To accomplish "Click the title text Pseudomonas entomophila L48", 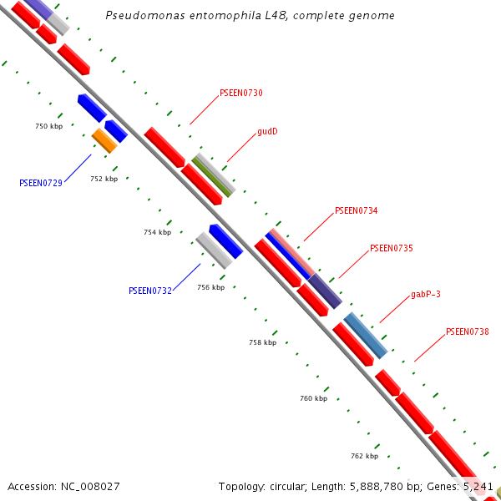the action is [x=250, y=16].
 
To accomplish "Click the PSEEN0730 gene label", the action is [x=240, y=93].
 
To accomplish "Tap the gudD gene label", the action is [x=267, y=131].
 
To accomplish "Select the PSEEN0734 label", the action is [x=356, y=210].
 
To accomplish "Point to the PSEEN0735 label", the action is [x=391, y=248].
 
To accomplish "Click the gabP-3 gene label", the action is [x=426, y=294].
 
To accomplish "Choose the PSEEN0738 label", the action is [x=467, y=331].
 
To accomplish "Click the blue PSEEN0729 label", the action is [x=41, y=182].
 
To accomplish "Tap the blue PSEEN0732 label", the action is [x=150, y=291].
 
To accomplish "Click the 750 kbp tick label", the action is [x=48, y=126].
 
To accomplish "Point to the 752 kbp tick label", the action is [x=104, y=179].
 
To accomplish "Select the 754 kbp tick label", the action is [x=157, y=232].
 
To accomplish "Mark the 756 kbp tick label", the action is [x=210, y=287].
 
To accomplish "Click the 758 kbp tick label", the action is [x=262, y=342].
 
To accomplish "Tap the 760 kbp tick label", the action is [x=313, y=398].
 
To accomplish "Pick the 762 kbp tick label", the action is [x=364, y=456].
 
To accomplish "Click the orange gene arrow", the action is [x=104, y=139].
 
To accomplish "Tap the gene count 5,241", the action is [x=478, y=486].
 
